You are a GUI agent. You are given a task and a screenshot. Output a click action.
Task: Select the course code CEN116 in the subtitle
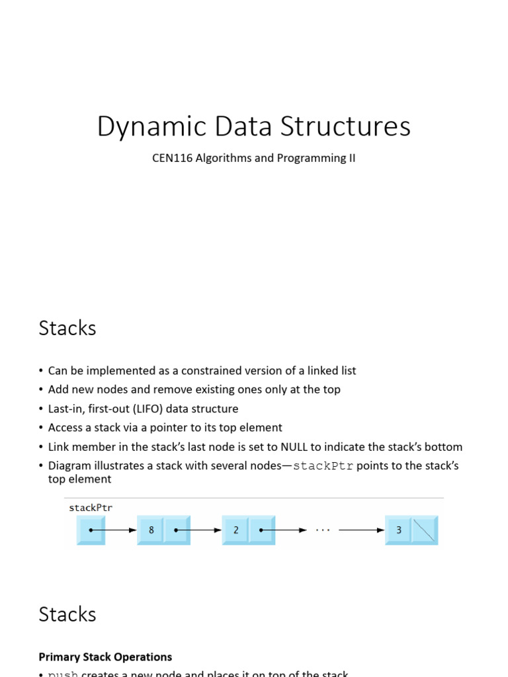pos(171,159)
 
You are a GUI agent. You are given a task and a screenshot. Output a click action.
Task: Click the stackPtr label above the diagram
pos(91,508)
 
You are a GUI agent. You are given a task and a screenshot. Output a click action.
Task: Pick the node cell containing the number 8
pos(151,530)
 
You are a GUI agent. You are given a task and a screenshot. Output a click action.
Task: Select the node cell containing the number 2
pos(235,530)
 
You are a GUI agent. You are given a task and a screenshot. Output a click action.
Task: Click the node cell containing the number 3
pos(399,530)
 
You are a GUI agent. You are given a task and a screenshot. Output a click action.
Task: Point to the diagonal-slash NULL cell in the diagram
pos(424,530)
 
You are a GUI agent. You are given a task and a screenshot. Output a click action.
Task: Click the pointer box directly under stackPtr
pos(91,530)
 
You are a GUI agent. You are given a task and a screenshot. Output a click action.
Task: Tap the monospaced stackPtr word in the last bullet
pos(323,466)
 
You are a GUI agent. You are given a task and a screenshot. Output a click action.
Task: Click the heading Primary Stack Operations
pos(105,657)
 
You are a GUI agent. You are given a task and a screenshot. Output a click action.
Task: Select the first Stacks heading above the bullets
pos(67,328)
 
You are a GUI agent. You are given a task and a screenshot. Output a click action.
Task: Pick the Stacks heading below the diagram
pos(67,614)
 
